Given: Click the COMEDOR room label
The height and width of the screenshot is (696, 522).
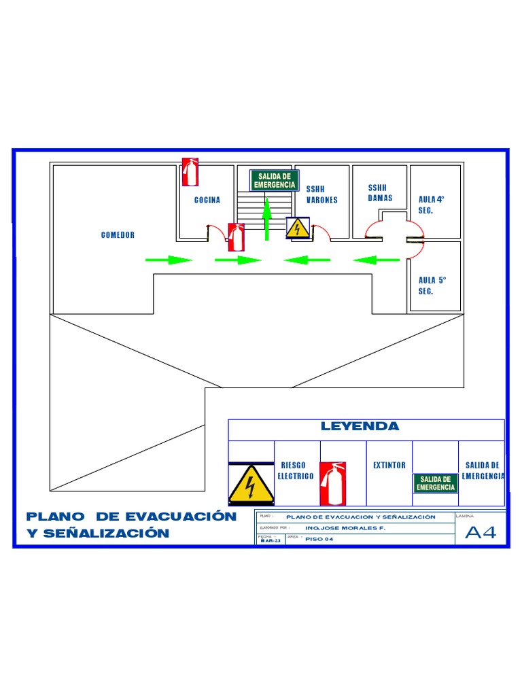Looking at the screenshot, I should (118, 235).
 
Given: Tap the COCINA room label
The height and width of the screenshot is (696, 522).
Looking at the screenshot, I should (207, 201).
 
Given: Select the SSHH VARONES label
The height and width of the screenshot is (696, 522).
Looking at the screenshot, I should (321, 194).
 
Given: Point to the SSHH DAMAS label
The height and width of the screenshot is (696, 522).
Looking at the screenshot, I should (380, 192).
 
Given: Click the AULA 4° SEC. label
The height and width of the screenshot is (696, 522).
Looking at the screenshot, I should (431, 205).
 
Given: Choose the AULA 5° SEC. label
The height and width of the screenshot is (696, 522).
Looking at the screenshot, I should (432, 285).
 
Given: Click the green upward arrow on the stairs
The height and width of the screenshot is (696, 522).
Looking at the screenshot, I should (267, 219).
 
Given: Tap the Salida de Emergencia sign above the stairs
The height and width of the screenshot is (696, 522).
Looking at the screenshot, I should (275, 181).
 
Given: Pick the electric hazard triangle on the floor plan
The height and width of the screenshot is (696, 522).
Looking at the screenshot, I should (298, 228).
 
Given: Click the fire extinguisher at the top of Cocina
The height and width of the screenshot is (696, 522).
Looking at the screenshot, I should (190, 172).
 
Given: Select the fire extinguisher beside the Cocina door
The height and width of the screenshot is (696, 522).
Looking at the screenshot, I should (236, 237).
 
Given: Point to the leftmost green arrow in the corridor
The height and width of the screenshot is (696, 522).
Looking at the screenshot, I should (169, 260).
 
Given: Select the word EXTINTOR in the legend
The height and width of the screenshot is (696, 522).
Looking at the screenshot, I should (389, 466).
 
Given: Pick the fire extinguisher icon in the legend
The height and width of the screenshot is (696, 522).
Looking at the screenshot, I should (333, 483).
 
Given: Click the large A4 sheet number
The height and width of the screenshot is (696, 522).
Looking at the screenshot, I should (481, 533).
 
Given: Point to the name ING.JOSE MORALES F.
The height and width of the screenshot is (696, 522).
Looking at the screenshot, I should (345, 527).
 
